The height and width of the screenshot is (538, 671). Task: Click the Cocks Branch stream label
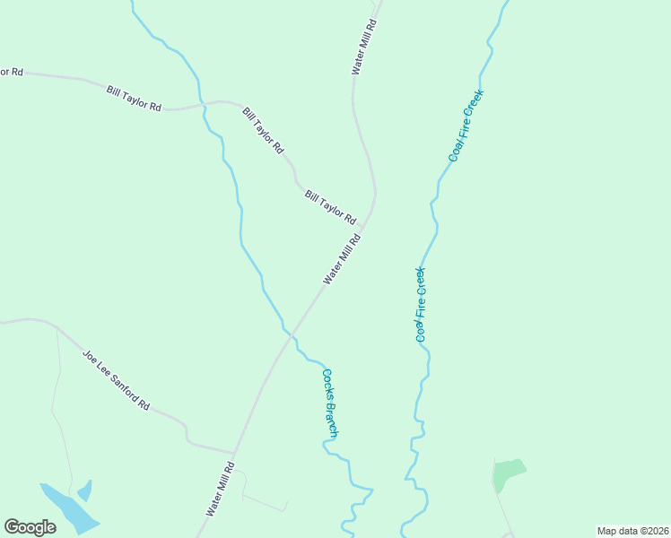[330, 403]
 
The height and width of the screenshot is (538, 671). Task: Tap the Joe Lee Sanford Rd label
[116, 380]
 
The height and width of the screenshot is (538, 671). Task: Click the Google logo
[30, 527]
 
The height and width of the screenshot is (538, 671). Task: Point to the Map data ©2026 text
[632, 531]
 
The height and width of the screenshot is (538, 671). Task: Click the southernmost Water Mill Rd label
[221, 489]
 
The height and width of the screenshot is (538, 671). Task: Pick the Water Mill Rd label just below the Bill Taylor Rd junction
[342, 259]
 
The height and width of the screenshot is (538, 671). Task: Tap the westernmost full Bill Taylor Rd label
[134, 99]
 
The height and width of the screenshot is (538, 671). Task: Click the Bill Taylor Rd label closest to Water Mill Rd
[330, 207]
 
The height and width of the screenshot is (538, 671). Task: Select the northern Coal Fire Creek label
[466, 125]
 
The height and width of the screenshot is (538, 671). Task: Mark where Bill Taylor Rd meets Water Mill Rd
[370, 216]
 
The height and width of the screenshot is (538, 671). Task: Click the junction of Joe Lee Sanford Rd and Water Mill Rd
[233, 453]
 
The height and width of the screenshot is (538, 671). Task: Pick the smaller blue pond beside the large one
[85, 490]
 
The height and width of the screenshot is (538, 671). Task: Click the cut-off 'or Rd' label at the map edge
[11, 71]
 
